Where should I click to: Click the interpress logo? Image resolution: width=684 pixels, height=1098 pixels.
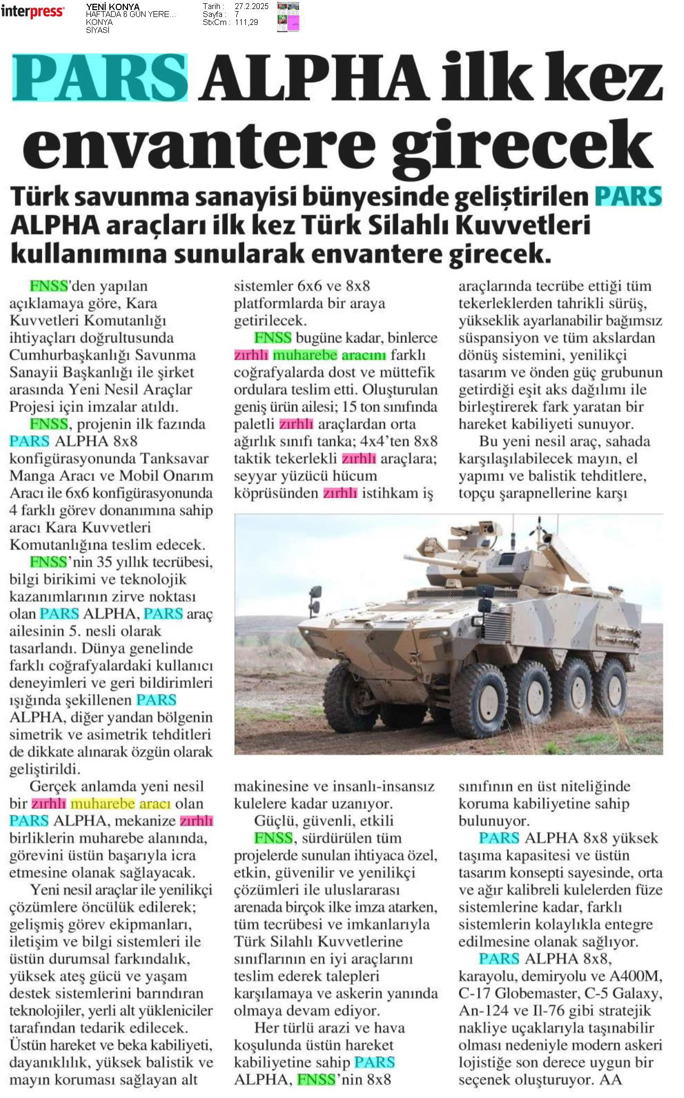pyautogui.click(x=32, y=12)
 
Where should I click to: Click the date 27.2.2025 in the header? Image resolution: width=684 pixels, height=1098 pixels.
pyautogui.click(x=252, y=6)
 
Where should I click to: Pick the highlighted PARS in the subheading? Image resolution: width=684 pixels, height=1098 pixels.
pyautogui.click(x=628, y=196)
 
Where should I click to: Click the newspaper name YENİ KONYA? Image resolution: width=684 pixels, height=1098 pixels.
pyautogui.click(x=113, y=6)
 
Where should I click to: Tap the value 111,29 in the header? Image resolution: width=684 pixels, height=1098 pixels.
pyautogui.click(x=246, y=22)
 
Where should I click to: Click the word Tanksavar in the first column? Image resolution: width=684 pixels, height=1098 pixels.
pyautogui.click(x=182, y=458)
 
